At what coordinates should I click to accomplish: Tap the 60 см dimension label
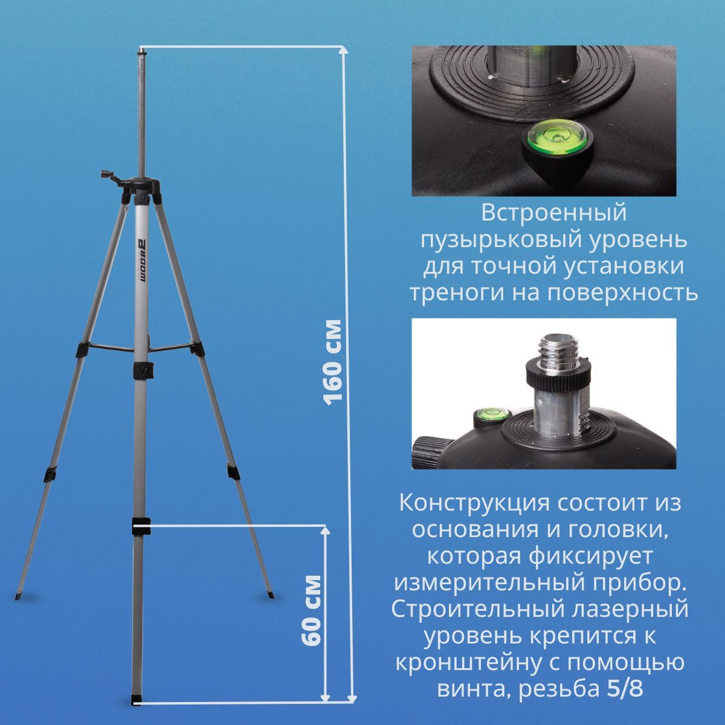311,610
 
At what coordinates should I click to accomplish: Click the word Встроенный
554,213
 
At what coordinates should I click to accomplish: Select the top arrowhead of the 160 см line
344,51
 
